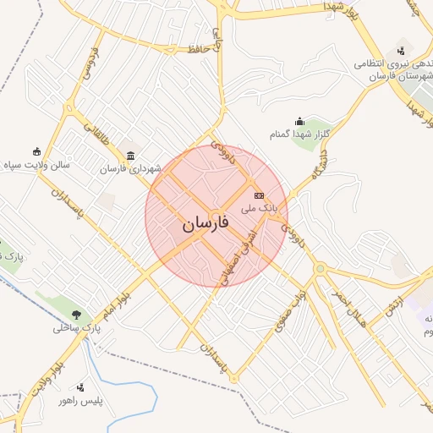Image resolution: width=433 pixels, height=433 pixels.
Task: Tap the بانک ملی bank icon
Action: [x=259, y=195]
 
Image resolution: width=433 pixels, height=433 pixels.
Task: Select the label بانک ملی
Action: [x=259, y=207]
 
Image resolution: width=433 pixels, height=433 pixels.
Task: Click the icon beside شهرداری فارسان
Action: [x=130, y=156]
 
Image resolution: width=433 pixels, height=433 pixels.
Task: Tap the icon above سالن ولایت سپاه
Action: [x=36, y=151]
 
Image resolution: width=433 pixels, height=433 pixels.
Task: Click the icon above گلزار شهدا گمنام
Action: [x=299, y=122]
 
